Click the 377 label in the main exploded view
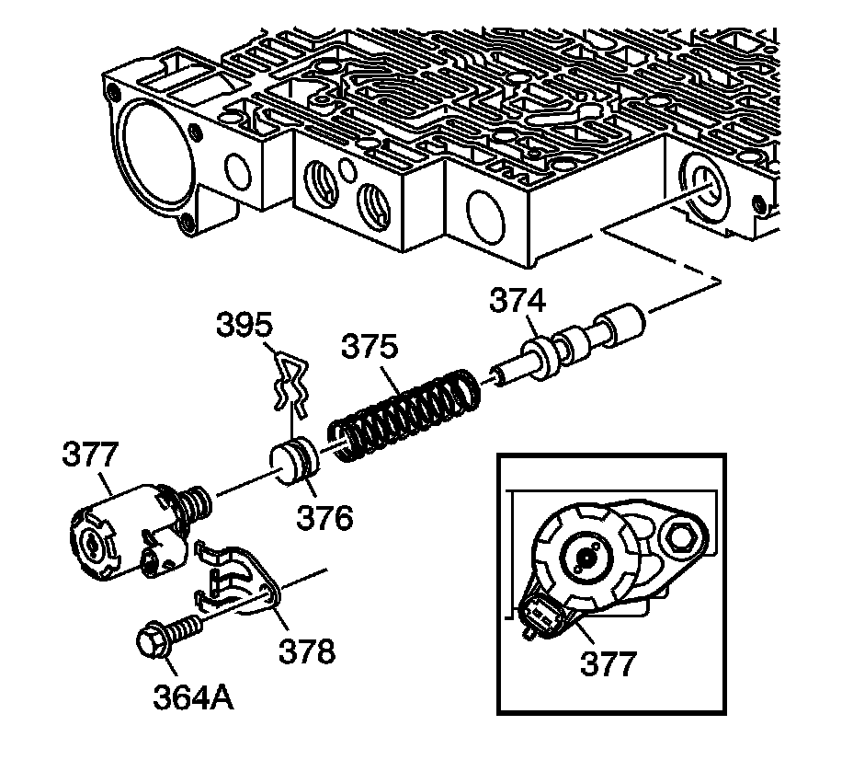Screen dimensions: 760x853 pos(93,454)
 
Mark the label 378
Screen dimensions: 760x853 pos(308,651)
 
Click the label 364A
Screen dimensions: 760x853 pos(192,697)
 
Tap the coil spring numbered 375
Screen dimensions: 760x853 pos(404,415)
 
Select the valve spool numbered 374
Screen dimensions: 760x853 pos(570,345)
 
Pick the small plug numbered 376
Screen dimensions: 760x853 pos(294,458)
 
